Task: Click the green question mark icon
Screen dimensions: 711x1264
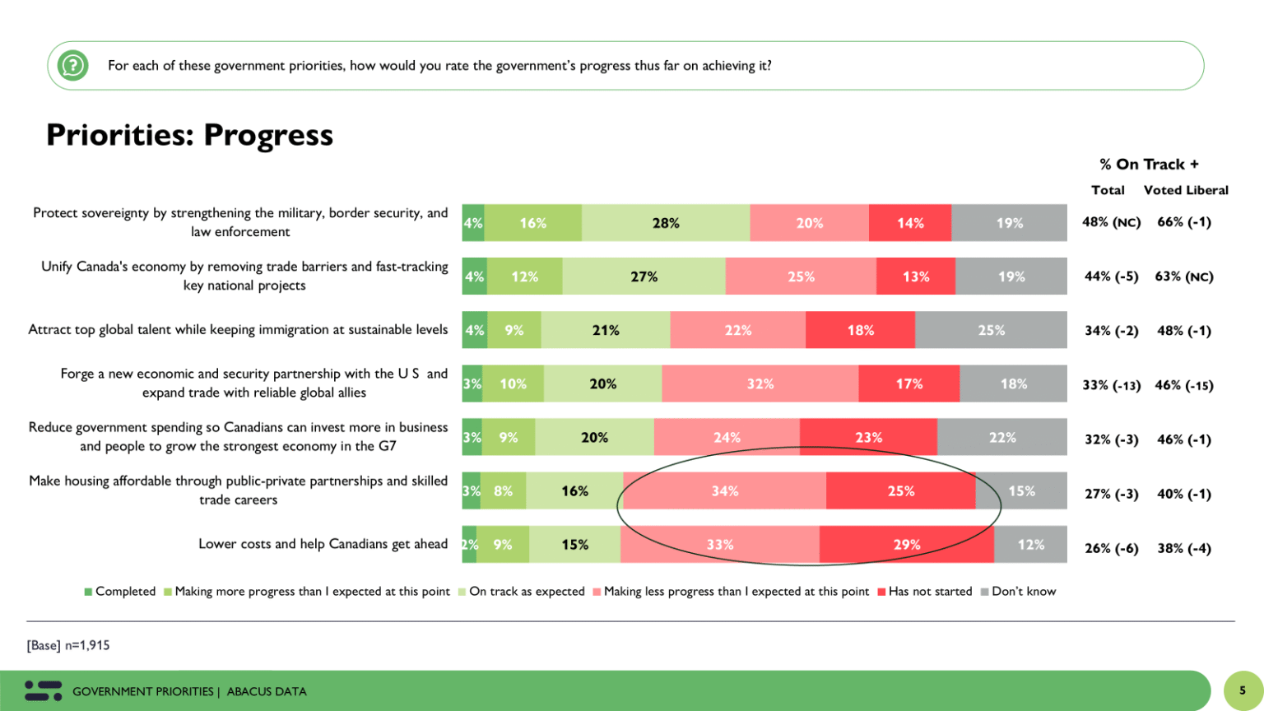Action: point(72,65)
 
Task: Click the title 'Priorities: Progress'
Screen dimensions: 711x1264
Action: point(189,135)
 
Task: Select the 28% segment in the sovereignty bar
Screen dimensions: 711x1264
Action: point(666,223)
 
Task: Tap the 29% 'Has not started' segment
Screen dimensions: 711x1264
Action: point(906,545)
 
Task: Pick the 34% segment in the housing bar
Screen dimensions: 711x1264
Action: point(724,491)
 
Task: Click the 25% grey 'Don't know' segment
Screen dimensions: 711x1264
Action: point(991,330)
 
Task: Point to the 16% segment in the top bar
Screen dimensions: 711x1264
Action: point(532,223)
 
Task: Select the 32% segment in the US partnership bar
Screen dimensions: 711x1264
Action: point(760,383)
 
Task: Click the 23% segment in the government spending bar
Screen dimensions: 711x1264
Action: point(868,437)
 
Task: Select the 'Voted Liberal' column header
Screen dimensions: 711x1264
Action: point(1185,190)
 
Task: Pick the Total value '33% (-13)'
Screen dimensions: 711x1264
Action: point(1111,385)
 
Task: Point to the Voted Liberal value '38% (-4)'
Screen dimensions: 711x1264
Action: point(1184,548)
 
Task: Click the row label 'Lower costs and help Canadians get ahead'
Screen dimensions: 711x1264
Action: point(323,544)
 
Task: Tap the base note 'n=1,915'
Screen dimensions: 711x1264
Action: point(86,645)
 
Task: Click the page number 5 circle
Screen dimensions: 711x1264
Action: point(1243,690)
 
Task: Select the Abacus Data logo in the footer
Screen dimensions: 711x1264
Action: point(43,690)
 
